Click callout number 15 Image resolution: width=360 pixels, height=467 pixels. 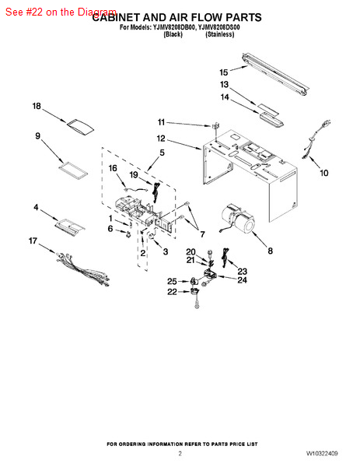224,72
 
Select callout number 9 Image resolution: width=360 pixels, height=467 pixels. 37,136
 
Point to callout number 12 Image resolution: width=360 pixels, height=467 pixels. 161,139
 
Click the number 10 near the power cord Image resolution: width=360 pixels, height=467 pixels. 324,173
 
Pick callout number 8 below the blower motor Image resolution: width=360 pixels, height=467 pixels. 270,251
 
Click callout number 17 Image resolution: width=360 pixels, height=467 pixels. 33,241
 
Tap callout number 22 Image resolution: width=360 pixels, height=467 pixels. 172,292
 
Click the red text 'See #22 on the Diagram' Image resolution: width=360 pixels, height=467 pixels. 60,12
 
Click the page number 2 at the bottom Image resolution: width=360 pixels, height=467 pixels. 180,452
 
